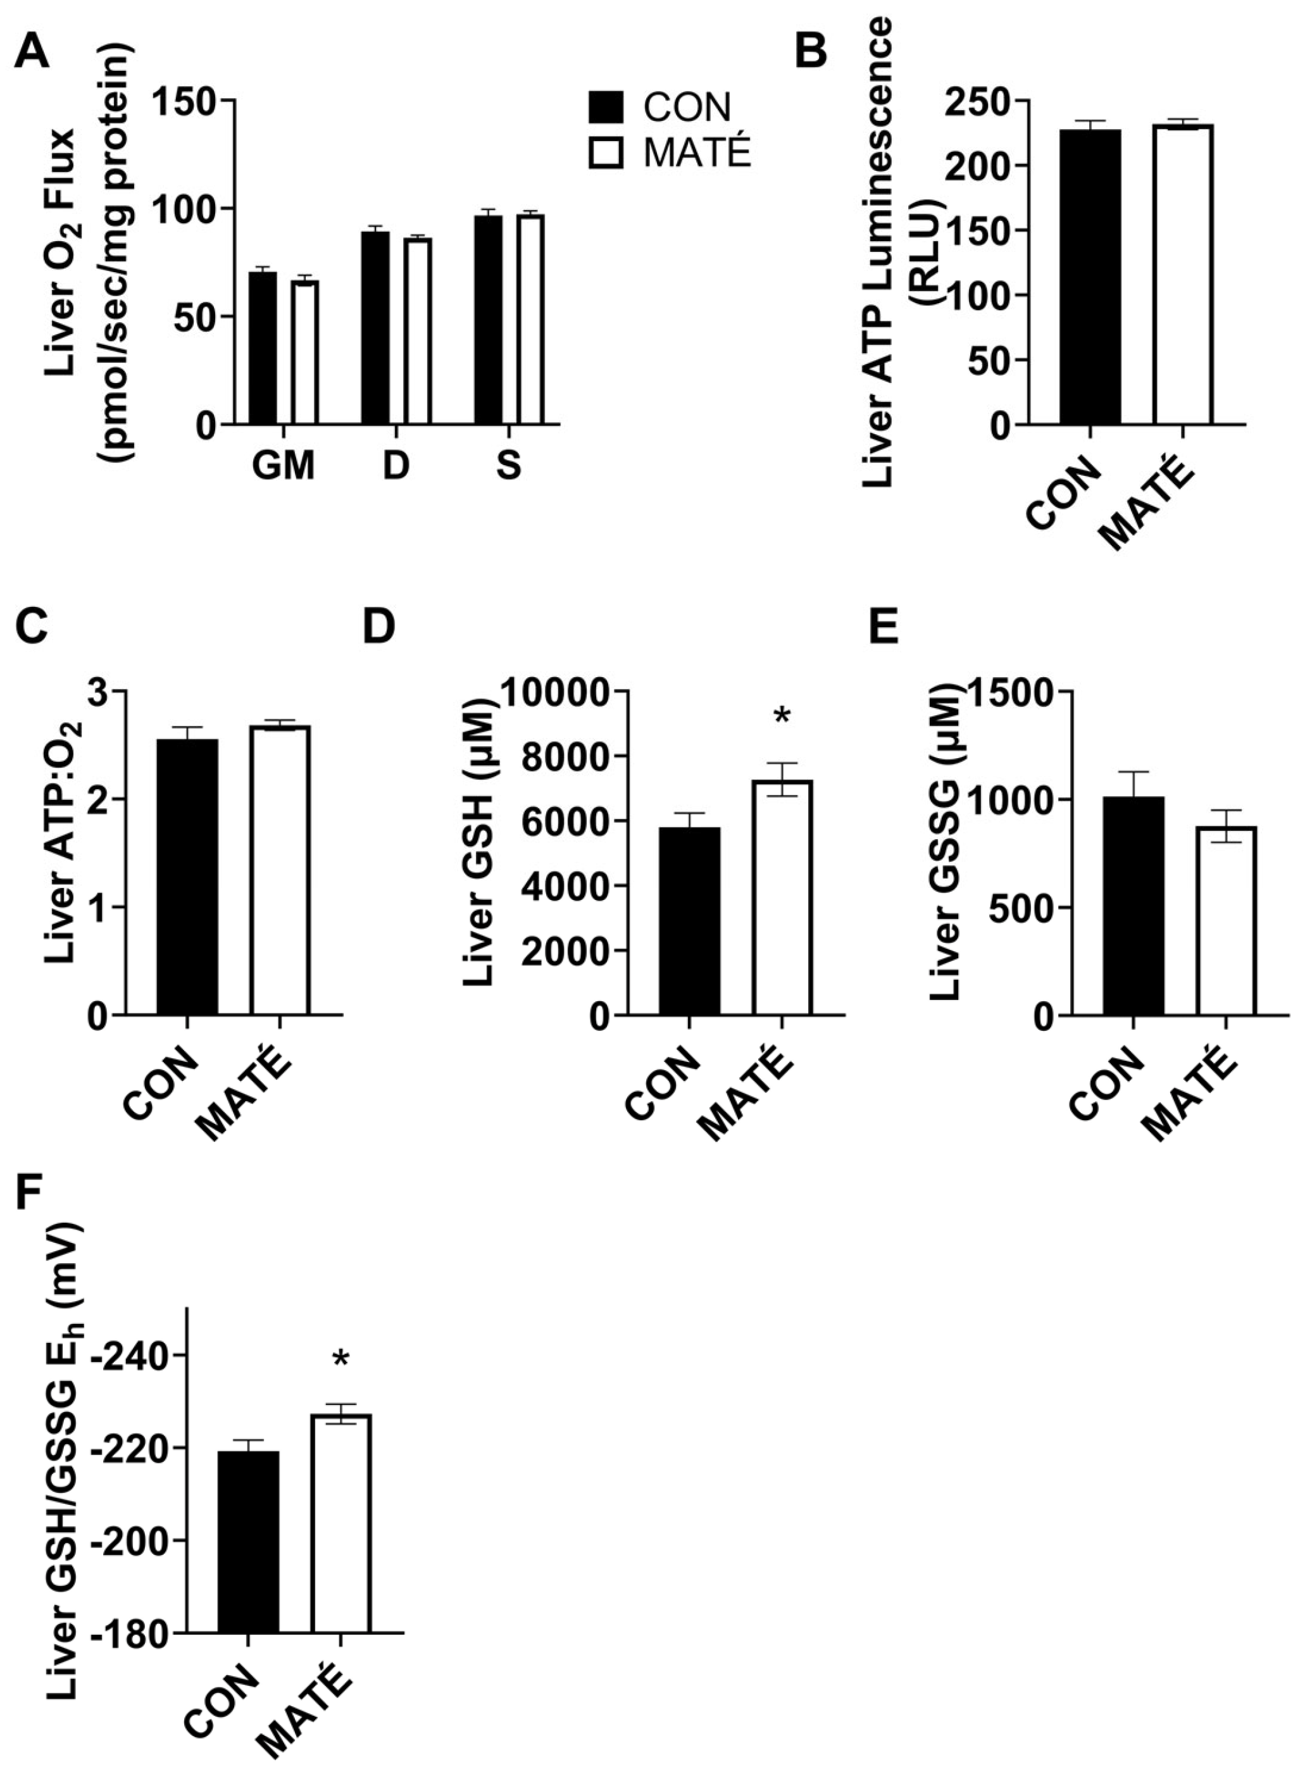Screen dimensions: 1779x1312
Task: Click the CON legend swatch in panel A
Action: pyautogui.click(x=606, y=107)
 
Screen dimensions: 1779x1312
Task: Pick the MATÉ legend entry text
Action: pyautogui.click(x=696, y=153)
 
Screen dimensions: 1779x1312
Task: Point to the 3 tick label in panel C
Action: pyautogui.click(x=100, y=691)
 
